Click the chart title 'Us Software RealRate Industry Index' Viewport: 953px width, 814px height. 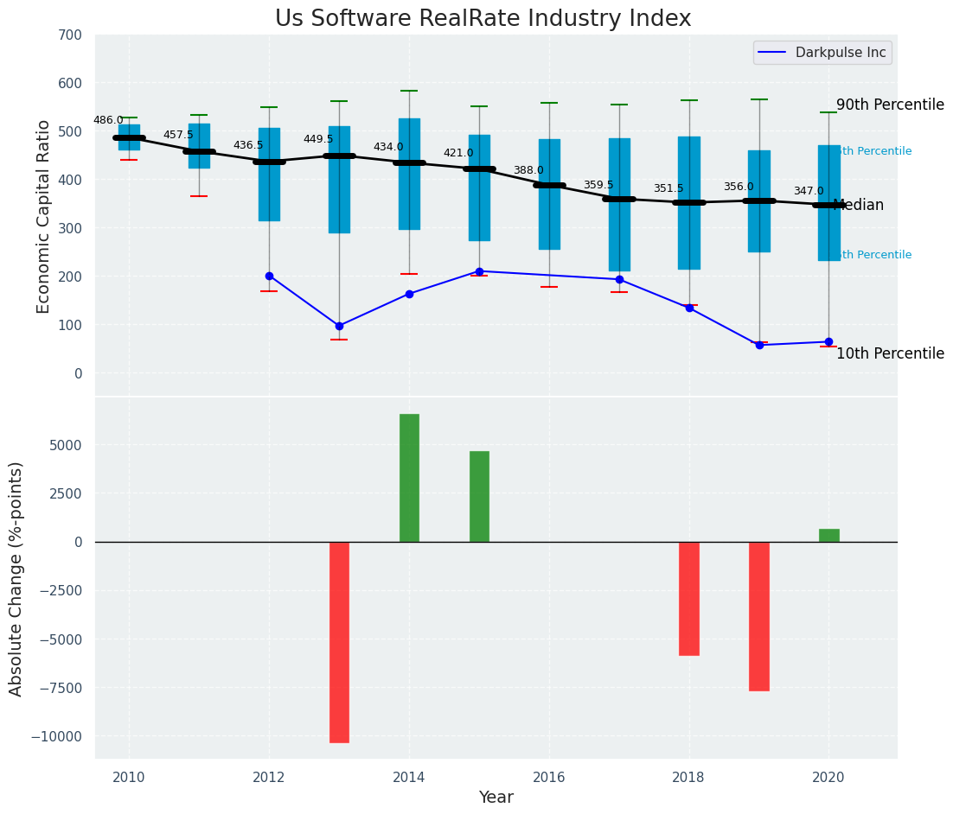[483, 19]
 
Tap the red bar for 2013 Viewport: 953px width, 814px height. [339, 641]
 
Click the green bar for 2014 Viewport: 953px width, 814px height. [409, 478]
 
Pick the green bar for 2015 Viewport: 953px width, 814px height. [479, 496]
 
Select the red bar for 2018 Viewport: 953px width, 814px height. [689, 598]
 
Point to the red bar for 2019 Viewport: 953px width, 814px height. [759, 615]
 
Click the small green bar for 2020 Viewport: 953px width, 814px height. [829, 536]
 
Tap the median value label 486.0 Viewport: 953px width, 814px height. [108, 121]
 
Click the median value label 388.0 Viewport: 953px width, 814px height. [528, 171]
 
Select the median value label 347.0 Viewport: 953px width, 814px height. [809, 192]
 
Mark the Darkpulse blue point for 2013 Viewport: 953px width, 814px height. [339, 326]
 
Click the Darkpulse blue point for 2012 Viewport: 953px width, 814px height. [269, 276]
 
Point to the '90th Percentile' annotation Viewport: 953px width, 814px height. [890, 105]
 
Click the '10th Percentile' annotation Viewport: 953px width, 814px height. [890, 353]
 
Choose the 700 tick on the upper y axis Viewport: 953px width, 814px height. [70, 35]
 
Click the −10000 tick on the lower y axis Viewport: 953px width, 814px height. [56, 737]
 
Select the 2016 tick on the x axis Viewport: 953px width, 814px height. [549, 776]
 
